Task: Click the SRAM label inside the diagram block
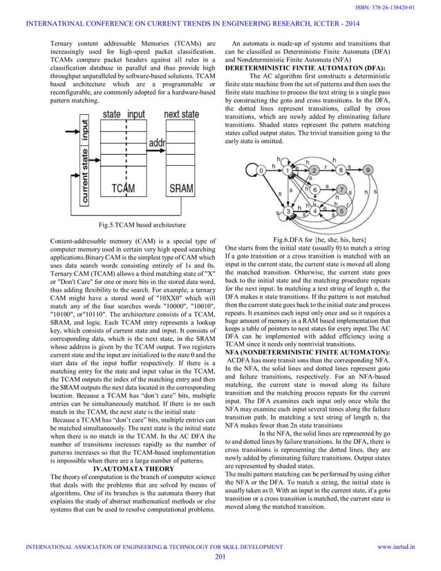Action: point(181,188)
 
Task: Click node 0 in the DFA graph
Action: point(261,169)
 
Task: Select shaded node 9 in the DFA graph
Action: point(368,169)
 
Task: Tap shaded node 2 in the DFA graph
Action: point(314,170)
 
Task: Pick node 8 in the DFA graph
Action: point(341,169)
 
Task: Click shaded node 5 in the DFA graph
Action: point(341,210)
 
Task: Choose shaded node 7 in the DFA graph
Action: point(341,189)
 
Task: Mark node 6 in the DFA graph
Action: point(315,189)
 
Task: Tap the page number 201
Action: point(220,557)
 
